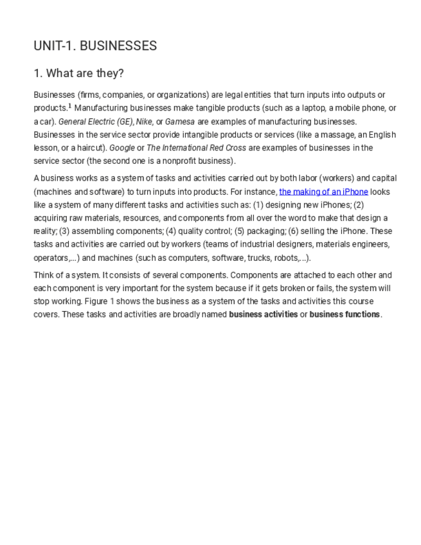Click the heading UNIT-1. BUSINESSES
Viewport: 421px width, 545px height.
tap(95, 46)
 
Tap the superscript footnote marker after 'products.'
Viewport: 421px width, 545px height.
tap(70, 106)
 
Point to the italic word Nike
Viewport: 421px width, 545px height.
tap(144, 121)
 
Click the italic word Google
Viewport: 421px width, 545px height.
tap(122, 148)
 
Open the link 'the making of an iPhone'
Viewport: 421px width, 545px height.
tap(323, 192)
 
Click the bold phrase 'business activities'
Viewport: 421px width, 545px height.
tap(263, 314)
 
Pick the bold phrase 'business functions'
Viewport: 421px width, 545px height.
tap(345, 314)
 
